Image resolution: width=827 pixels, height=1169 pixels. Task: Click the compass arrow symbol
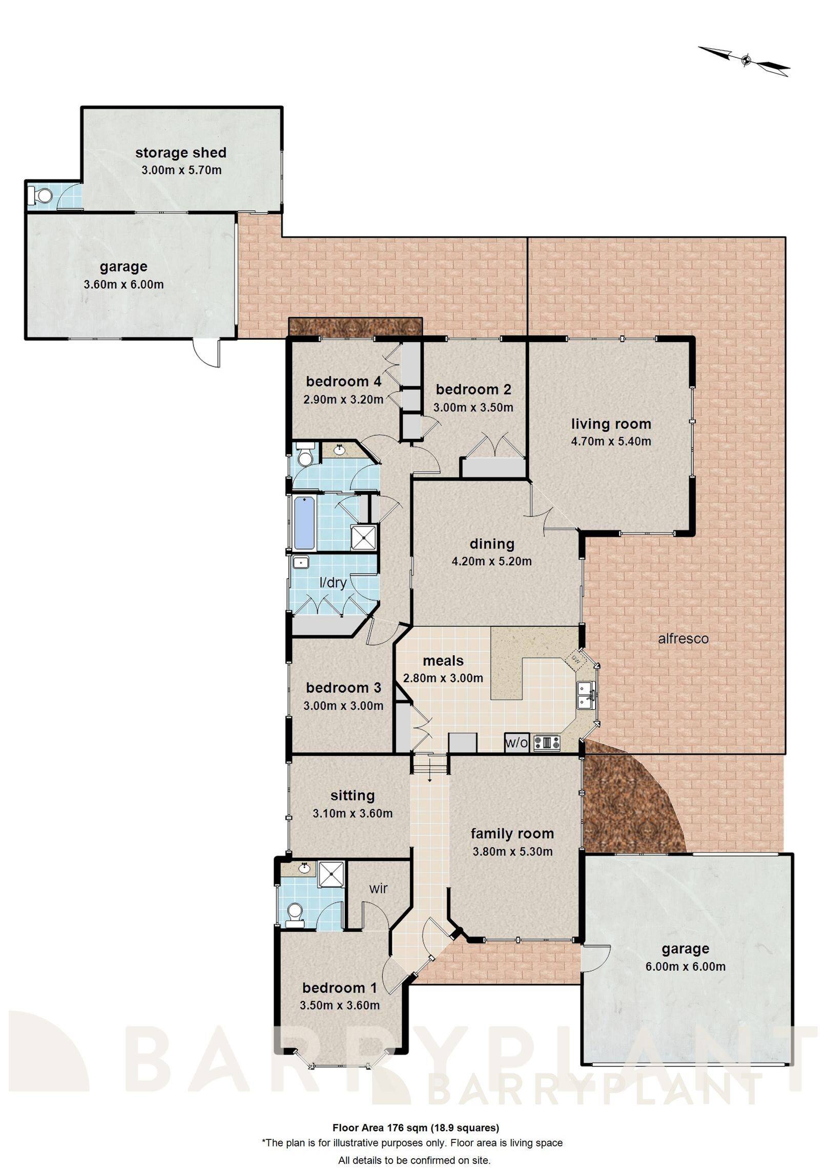746,60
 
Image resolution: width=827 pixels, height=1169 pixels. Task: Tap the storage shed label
180,153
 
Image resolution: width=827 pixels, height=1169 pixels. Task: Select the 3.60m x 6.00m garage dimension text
123,284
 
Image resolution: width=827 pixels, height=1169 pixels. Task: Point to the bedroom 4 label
343,381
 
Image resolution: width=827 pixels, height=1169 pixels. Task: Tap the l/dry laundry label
333,582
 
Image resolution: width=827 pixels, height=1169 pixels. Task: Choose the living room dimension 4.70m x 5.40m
611,441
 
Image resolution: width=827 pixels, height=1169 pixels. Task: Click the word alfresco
683,639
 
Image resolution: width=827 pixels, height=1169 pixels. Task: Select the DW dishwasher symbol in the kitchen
575,660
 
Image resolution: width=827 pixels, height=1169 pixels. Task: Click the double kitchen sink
585,695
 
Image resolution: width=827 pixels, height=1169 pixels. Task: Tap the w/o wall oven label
516,743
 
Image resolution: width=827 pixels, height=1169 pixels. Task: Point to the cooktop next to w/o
547,742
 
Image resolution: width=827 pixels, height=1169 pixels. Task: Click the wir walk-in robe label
378,888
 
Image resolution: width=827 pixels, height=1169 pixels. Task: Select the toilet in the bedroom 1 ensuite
294,915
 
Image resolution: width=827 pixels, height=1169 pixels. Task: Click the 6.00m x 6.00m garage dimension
685,967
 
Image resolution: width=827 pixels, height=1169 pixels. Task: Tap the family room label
512,834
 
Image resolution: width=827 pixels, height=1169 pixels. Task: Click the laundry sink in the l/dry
300,563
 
